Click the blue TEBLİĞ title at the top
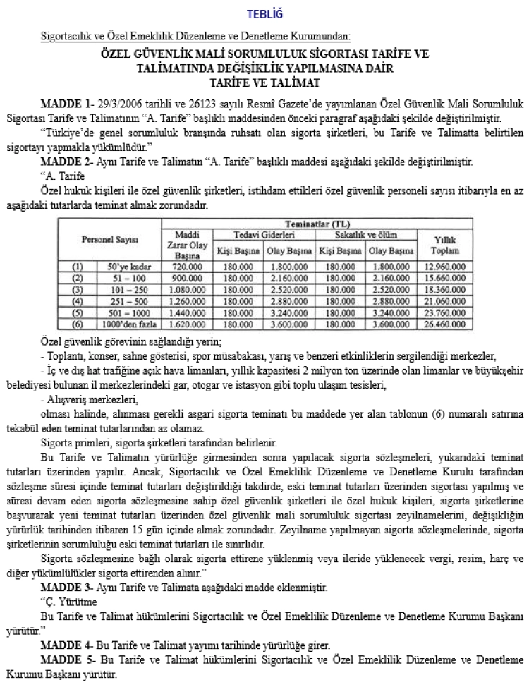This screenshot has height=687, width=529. pos(264,14)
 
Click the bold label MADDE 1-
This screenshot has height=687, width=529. pos(68,103)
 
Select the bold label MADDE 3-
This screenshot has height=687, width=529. pos(68,587)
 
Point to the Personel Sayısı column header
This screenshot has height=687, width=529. pos(109,240)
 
